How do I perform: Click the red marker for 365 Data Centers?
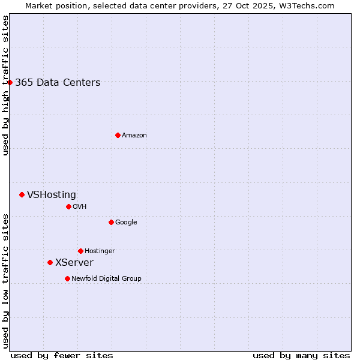pos(10,82)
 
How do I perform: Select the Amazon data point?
pos(118,135)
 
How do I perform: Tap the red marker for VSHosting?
pos(22,194)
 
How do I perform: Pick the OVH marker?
pos(68,206)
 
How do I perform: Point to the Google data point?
pos(111,222)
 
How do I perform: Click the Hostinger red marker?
pos(80,251)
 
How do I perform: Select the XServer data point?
pos(50,262)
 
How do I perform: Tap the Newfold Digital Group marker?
pos(67,278)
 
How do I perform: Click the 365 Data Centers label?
pos(58,83)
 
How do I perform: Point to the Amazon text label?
pos(134,136)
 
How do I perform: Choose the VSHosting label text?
pos(52,195)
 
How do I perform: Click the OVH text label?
pos(80,207)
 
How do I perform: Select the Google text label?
pos(126,223)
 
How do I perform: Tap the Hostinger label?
pos(100,251)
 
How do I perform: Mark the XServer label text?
pos(74,263)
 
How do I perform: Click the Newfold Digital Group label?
pos(106,279)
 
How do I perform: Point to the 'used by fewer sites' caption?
pos(62,355)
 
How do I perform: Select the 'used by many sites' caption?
pos(301,355)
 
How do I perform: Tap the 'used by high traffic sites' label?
pos(6,85)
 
